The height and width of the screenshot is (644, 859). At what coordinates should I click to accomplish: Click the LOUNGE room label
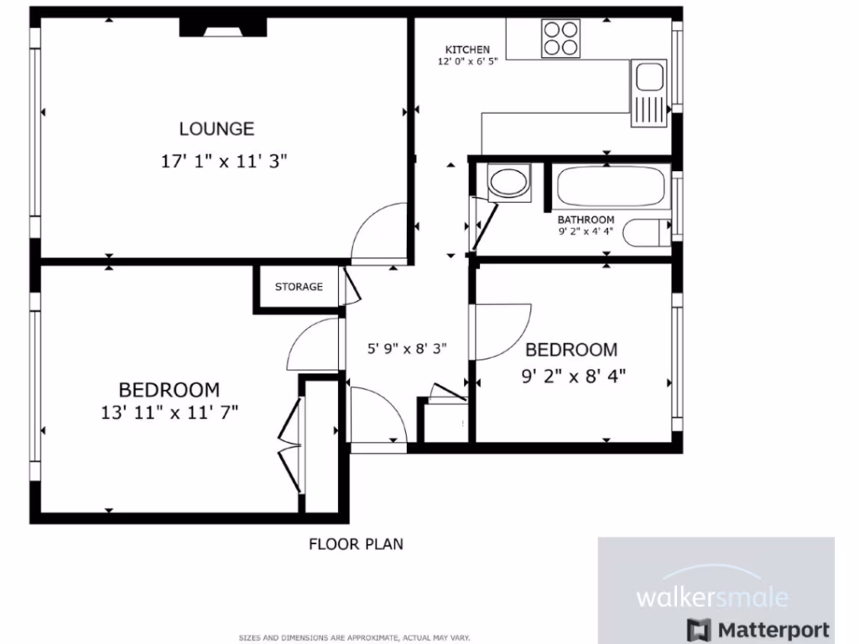216,129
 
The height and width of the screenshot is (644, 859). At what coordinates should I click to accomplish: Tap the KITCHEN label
467,49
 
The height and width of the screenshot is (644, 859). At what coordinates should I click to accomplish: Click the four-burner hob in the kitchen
561,38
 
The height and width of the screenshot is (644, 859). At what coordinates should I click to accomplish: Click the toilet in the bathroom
651,232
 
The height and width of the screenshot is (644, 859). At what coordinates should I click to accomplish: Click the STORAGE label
299,287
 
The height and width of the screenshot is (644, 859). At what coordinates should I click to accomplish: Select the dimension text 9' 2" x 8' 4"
574,377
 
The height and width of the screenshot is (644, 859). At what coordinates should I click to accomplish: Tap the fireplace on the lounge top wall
223,28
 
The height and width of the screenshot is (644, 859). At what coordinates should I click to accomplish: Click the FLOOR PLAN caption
356,544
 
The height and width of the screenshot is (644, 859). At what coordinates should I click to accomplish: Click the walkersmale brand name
712,598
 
